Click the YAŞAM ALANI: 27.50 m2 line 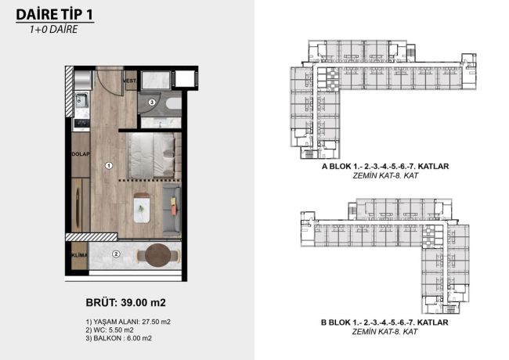pos(128,322)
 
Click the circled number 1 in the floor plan pos(110,165)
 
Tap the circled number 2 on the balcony pos(115,254)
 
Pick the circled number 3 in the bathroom pos(151,103)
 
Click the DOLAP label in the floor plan pos(80,154)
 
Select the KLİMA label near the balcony pos(79,254)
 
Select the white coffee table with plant pos(142,206)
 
